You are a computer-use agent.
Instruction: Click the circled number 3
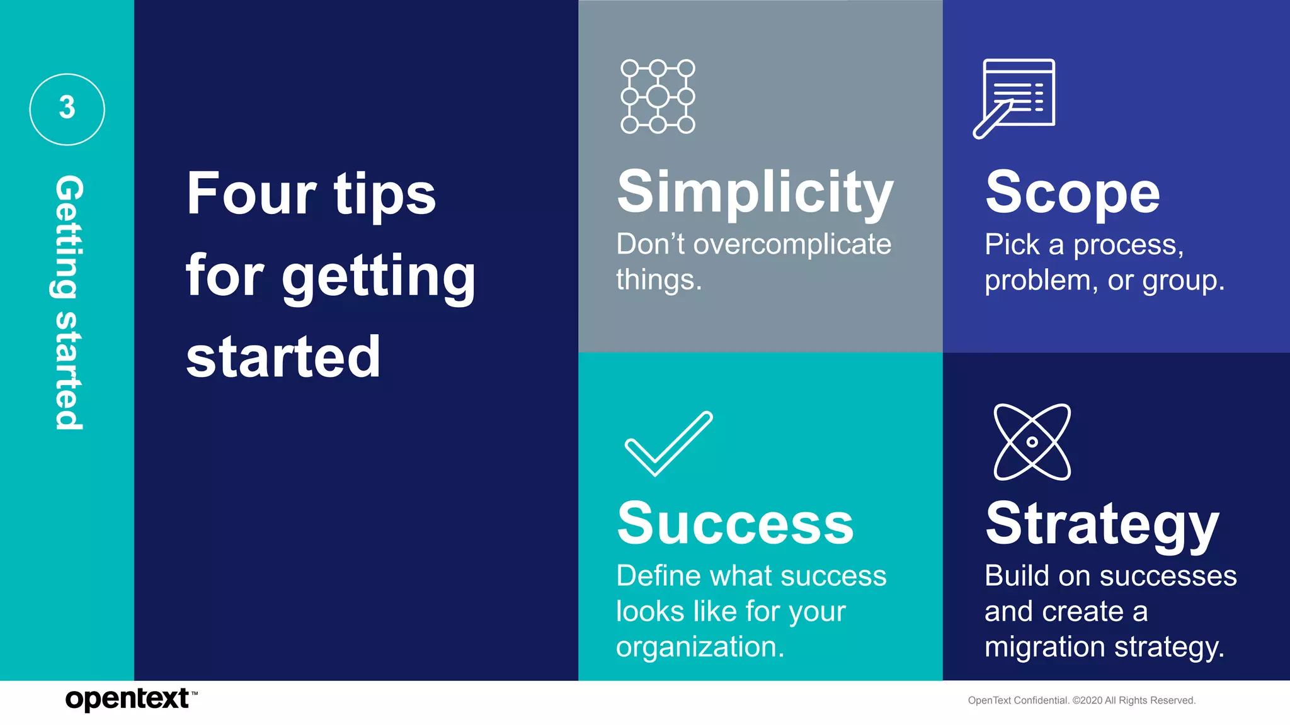tap(67, 109)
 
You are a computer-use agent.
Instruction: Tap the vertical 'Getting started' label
tap(68, 302)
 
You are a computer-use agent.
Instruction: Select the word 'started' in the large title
tap(283, 357)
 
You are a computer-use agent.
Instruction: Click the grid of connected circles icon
tap(658, 96)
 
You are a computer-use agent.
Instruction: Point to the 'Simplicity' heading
tap(755, 192)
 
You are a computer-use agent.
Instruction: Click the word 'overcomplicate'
tap(792, 244)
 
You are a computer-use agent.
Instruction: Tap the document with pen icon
tap(1015, 97)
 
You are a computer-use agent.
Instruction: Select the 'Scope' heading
tap(1072, 193)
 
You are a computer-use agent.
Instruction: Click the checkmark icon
tap(668, 443)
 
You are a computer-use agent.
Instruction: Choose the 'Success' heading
tap(735, 524)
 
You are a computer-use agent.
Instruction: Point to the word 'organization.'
tap(700, 647)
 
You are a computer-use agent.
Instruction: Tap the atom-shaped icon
tap(1032, 442)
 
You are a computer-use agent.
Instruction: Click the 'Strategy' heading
tap(1102, 524)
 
